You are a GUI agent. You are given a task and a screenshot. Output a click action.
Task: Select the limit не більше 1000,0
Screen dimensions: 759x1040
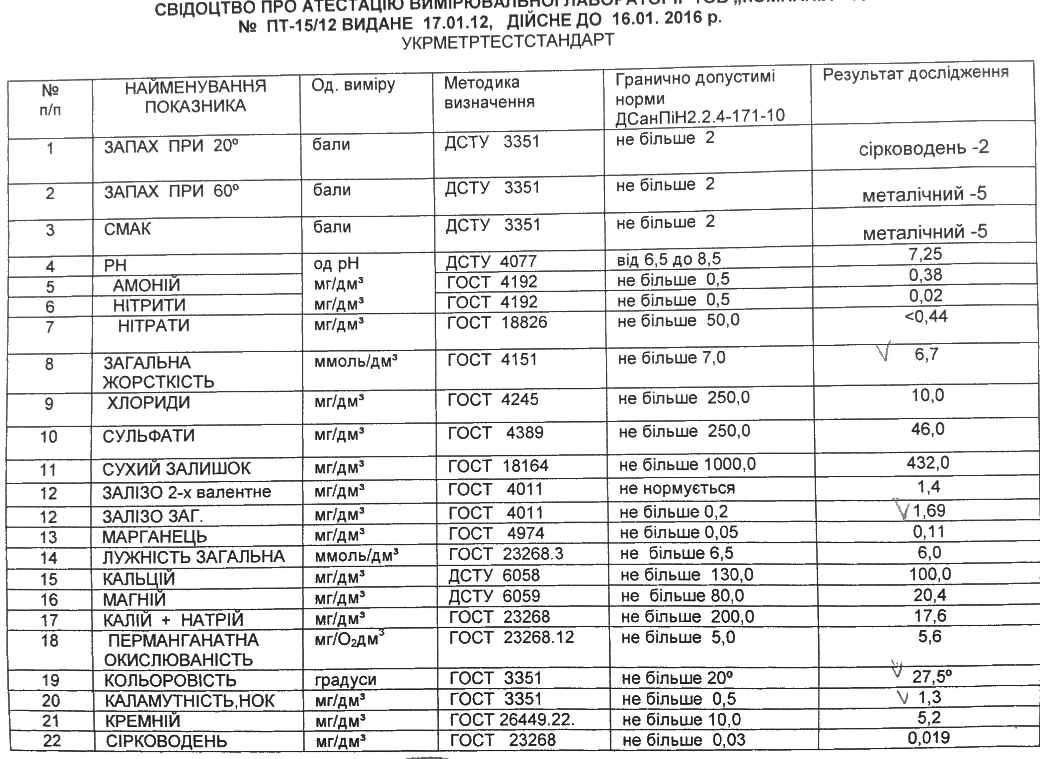tap(687, 464)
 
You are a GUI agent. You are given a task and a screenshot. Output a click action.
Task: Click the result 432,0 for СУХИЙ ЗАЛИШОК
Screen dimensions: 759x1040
tap(927, 463)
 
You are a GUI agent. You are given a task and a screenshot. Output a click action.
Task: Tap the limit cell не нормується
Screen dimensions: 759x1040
tap(677, 488)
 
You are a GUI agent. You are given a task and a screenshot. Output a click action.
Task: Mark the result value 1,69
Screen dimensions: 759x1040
tap(929, 511)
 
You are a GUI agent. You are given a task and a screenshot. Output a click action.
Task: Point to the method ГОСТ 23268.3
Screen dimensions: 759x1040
tap(506, 554)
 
